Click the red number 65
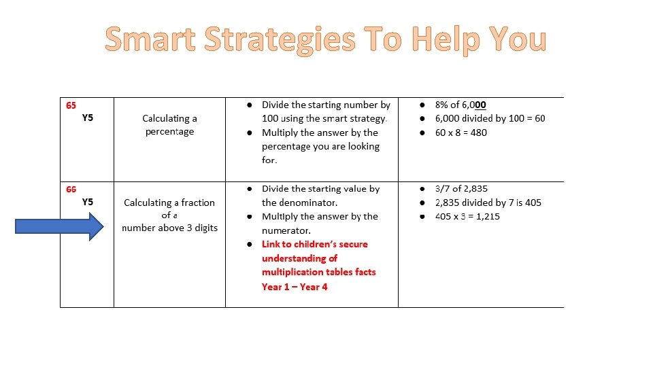point(71,105)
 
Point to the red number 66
point(71,189)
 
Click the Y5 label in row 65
point(88,118)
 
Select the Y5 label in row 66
point(88,202)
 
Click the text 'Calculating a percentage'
point(169,125)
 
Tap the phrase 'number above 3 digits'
point(169,228)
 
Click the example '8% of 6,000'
point(461,105)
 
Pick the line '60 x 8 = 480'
point(461,133)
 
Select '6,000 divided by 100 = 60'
point(490,118)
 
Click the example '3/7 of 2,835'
point(461,188)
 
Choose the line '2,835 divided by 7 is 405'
point(488,203)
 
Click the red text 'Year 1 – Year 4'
point(295,287)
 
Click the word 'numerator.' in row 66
point(286,230)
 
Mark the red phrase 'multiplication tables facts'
point(318,272)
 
